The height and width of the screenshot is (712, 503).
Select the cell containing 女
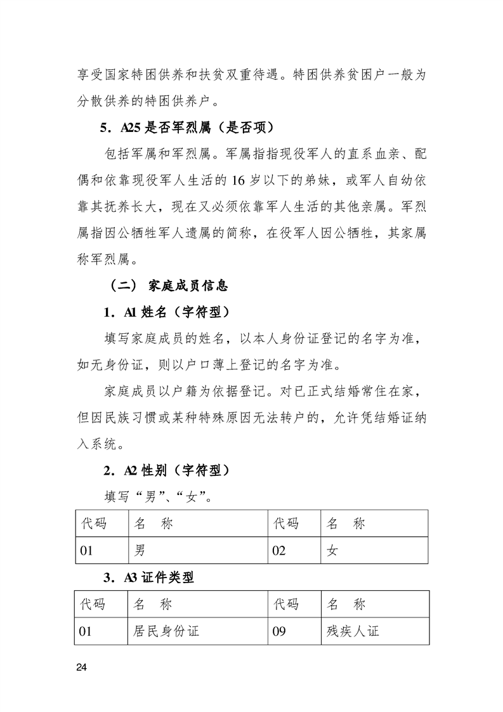[374, 550]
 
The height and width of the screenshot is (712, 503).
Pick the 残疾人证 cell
[374, 631]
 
